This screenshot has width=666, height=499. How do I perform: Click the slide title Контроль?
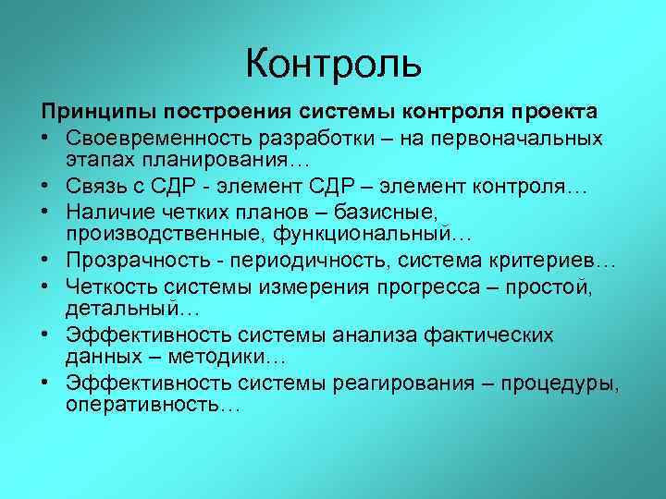[334, 64]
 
